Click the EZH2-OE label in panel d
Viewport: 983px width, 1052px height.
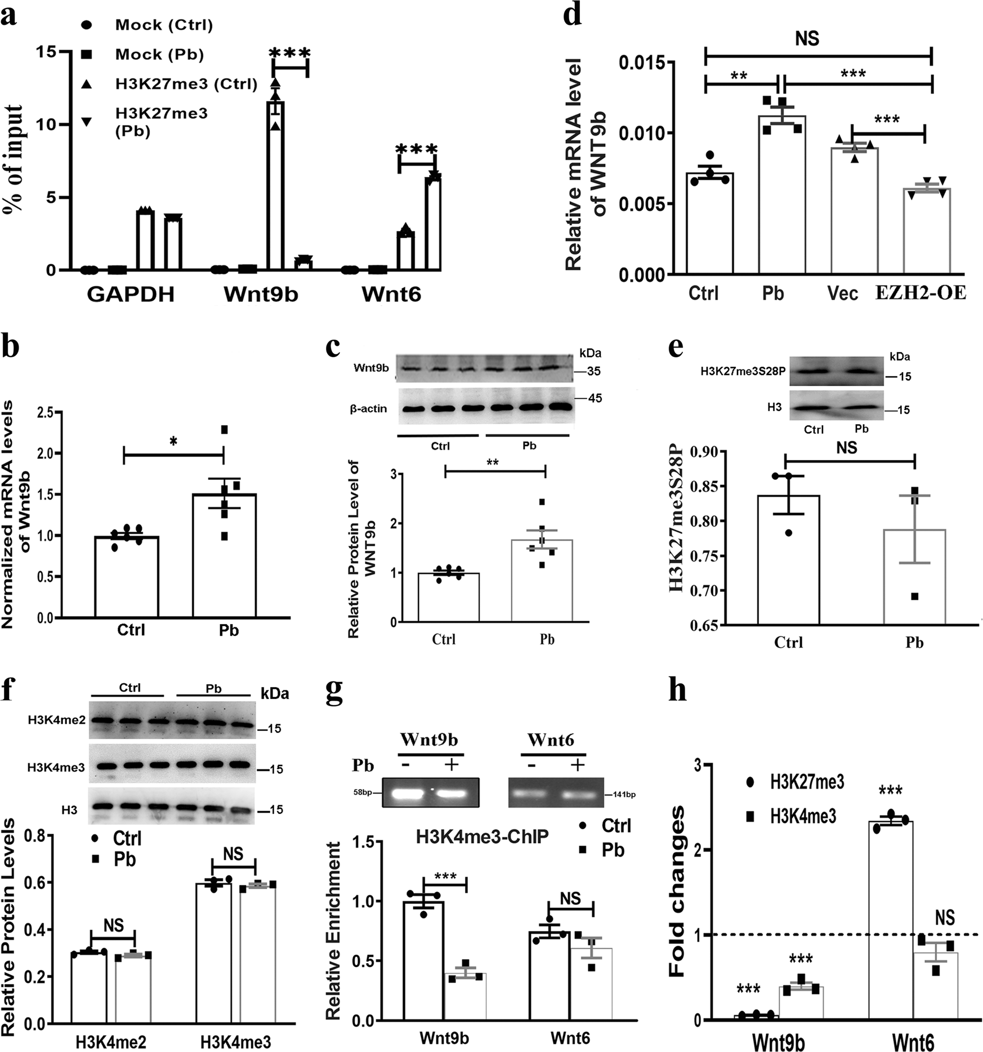pyautogui.click(x=921, y=293)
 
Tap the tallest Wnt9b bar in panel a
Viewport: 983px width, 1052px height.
pyautogui.click(x=275, y=186)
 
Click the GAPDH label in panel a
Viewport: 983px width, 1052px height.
pyautogui.click(x=131, y=295)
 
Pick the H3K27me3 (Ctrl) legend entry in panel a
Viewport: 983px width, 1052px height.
pyautogui.click(x=186, y=84)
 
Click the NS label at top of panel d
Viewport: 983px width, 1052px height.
pyautogui.click(x=807, y=38)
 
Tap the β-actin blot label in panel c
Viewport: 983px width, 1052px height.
pyautogui.click(x=369, y=408)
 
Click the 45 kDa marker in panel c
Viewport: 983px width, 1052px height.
pyautogui.click(x=595, y=398)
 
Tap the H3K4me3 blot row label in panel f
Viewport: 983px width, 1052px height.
pyautogui.click(x=56, y=767)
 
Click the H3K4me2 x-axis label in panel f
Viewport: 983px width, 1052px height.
pyautogui.click(x=111, y=1042)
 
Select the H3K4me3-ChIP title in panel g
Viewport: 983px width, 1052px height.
pyautogui.click(x=482, y=837)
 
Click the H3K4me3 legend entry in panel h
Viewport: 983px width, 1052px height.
pyautogui.click(x=802, y=817)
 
